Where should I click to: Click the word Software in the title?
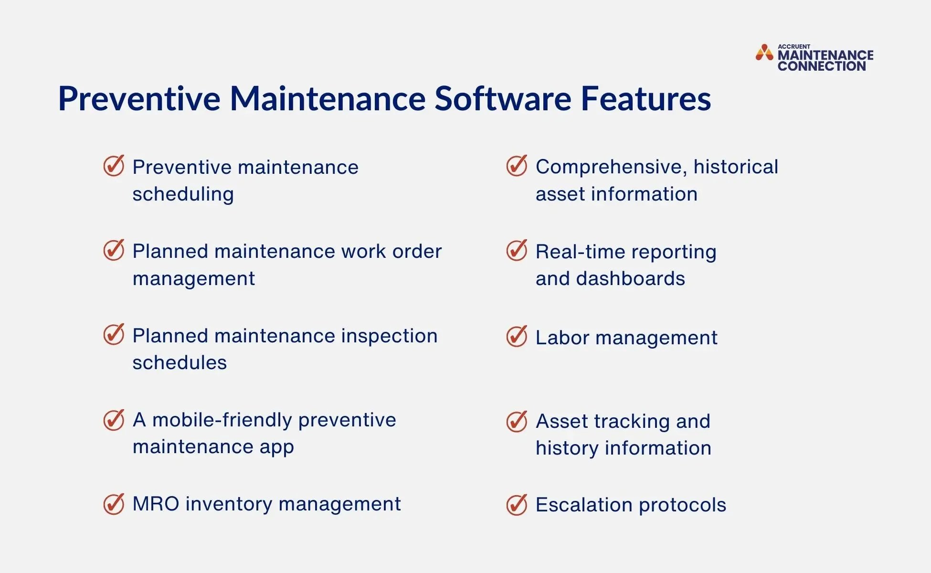[x=502, y=99]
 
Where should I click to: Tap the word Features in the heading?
[x=645, y=99]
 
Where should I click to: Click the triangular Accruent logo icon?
[x=764, y=53]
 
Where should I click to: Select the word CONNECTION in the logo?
[x=821, y=66]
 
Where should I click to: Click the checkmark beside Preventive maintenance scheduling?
[x=114, y=166]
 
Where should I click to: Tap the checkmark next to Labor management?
[x=517, y=337]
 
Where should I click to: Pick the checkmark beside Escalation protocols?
[x=517, y=505]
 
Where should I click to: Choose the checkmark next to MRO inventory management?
[x=114, y=504]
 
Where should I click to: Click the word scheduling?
[x=183, y=194]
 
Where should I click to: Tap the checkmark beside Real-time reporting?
[x=517, y=251]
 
